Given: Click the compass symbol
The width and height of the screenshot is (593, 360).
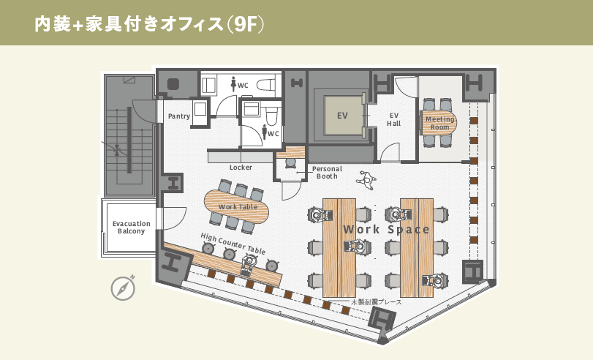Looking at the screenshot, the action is [x=124, y=288].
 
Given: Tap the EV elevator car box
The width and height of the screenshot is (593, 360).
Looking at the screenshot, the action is [x=343, y=115].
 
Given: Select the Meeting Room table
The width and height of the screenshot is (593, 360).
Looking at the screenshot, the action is [x=439, y=123].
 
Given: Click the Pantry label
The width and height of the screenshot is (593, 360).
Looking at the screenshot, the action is [x=179, y=116].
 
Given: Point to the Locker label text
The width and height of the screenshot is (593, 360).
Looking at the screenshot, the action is [x=241, y=168].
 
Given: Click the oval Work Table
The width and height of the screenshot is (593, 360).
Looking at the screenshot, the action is [x=237, y=206].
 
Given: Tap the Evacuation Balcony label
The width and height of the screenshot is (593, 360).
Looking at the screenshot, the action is [x=131, y=227].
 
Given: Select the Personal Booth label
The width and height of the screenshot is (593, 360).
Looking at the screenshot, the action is [x=327, y=173].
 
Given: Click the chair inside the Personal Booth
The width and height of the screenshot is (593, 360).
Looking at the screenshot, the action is [x=290, y=162].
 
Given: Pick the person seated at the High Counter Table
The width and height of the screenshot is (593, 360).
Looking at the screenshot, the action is [x=248, y=263].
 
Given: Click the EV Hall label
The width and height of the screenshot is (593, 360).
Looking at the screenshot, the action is [x=393, y=119].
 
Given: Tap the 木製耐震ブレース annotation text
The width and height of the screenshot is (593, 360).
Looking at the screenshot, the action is [x=377, y=302].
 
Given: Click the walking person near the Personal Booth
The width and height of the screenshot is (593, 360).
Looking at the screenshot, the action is [x=366, y=180].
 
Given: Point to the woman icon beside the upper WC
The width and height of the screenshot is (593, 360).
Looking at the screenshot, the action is [x=233, y=84].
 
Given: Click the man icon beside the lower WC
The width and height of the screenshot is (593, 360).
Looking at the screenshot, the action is [x=265, y=132].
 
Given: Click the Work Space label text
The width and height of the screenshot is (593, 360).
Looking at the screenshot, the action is [x=386, y=229].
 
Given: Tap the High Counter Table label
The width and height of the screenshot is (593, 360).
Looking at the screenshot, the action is [x=233, y=244].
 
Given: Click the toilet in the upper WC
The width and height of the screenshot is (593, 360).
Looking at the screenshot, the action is [x=266, y=85].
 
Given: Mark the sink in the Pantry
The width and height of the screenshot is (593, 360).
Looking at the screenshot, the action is [x=200, y=109].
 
